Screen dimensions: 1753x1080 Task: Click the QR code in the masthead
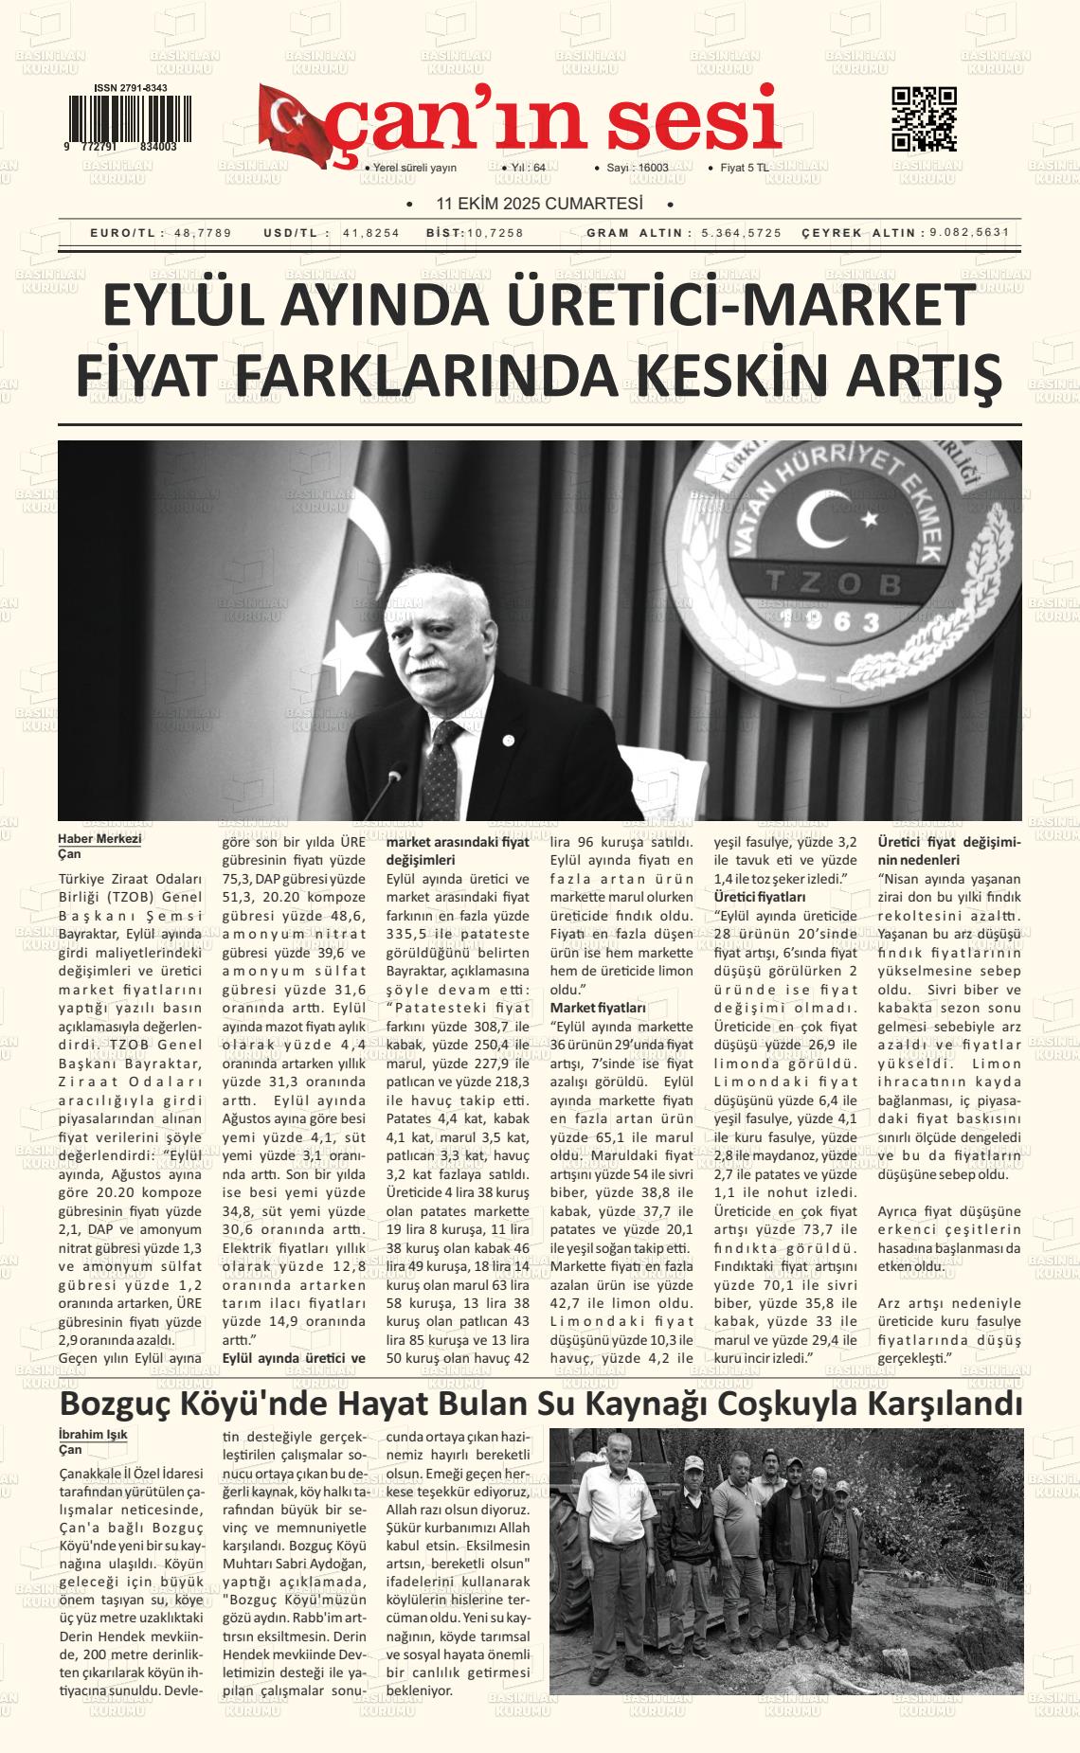click(x=924, y=119)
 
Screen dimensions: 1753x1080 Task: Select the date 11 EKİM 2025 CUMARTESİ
click(x=538, y=204)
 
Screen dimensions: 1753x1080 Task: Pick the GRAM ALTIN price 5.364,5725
click(x=742, y=233)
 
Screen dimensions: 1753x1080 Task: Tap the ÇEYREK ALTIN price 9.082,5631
click(x=970, y=233)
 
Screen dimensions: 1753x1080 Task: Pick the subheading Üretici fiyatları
click(x=760, y=896)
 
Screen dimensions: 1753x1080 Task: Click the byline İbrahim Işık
click(x=93, y=1434)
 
